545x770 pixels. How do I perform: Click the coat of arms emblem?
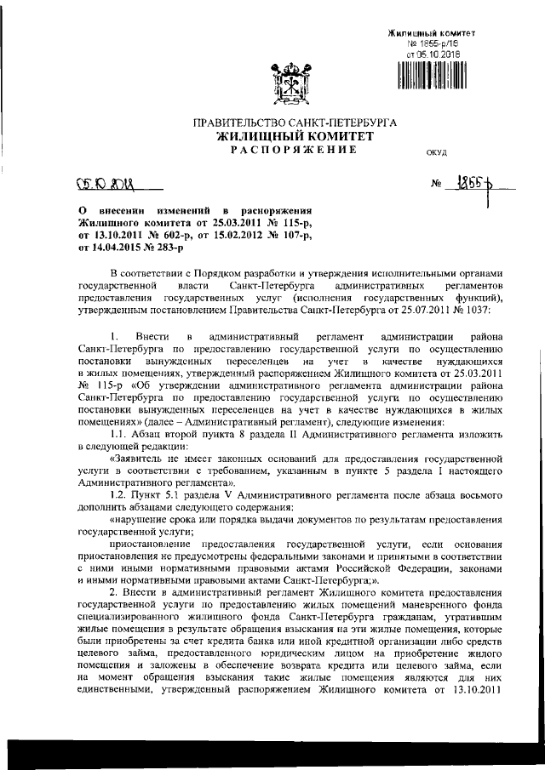pos(295,82)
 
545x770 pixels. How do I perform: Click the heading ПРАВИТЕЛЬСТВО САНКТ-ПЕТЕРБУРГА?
pos(295,123)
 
